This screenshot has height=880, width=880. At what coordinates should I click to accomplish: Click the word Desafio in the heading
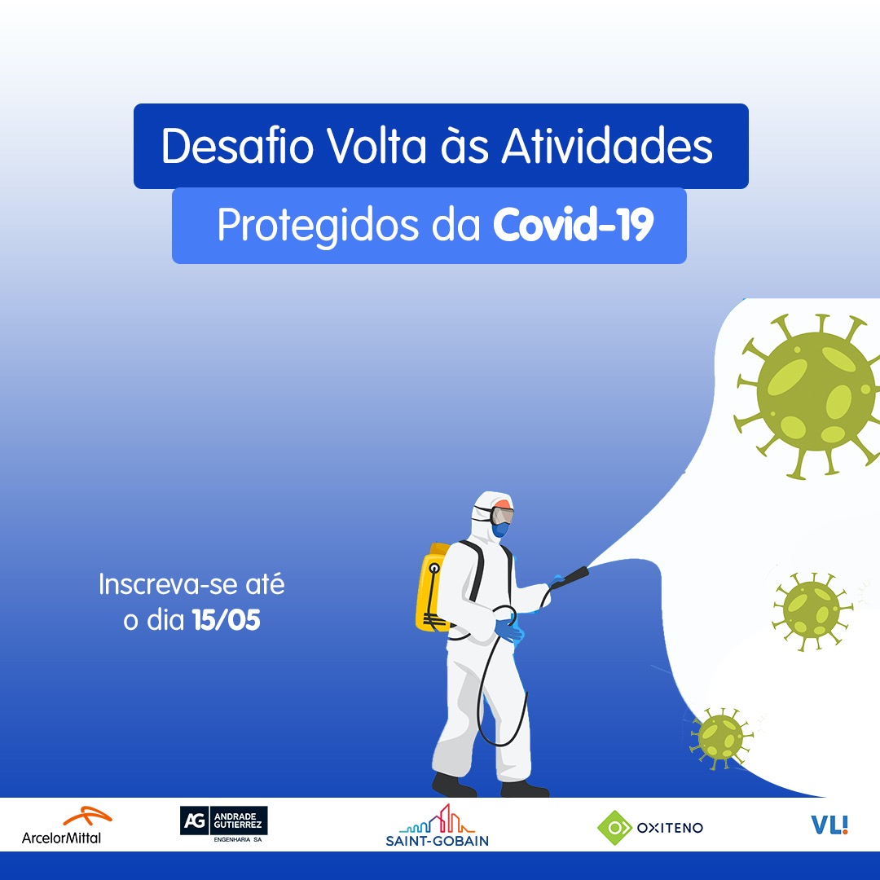(x=237, y=146)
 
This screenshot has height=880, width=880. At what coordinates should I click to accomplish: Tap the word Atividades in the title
(x=607, y=146)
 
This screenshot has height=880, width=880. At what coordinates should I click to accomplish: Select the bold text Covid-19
(x=573, y=225)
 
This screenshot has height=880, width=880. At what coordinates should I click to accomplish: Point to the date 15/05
(x=227, y=620)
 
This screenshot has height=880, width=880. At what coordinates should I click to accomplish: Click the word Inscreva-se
(x=168, y=584)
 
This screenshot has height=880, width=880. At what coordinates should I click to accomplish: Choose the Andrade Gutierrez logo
(x=223, y=823)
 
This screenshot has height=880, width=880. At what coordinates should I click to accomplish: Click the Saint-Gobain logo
(x=437, y=825)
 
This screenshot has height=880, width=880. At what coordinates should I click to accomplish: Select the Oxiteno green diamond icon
(x=615, y=828)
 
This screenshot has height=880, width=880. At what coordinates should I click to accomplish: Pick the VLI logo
(x=829, y=825)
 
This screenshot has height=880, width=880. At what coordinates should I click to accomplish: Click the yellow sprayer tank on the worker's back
(x=433, y=587)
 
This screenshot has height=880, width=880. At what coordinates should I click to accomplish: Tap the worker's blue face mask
(x=500, y=530)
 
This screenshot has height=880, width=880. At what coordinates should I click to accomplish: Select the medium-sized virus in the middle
(x=812, y=611)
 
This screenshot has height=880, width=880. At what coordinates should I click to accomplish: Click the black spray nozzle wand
(x=570, y=578)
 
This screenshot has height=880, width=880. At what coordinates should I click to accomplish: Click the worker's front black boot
(x=524, y=789)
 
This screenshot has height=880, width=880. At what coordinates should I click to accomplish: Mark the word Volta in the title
(x=377, y=146)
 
